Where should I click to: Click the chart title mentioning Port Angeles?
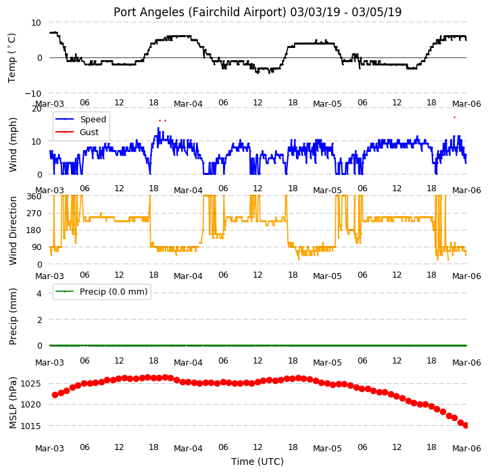pyautogui.click(x=258, y=12)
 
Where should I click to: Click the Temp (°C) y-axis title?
pyautogui.click(x=11, y=58)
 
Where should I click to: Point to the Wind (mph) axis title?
pyautogui.click(x=12, y=145)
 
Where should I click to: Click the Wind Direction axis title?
pyautogui.click(x=12, y=230)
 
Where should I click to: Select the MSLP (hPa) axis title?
pyautogui.click(x=12, y=403)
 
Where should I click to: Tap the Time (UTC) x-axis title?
pyautogui.click(x=258, y=462)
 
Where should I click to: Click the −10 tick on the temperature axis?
pyautogui.click(x=32, y=93)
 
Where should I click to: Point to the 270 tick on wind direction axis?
pyautogui.click(x=34, y=214)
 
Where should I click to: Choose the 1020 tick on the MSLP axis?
pyautogui.click(x=30, y=405)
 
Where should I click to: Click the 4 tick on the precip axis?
pyautogui.click(x=39, y=293)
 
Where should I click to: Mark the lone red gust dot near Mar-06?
pyautogui.click(x=454, y=118)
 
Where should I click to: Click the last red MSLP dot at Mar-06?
pyautogui.click(x=466, y=426)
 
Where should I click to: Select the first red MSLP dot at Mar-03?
pyautogui.click(x=55, y=395)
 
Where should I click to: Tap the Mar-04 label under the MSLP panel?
pyautogui.click(x=188, y=449)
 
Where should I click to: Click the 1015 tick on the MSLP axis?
pyautogui.click(x=30, y=426)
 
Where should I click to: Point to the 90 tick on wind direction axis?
pyautogui.click(x=36, y=247)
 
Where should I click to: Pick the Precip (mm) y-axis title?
pyautogui.click(x=12, y=316)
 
